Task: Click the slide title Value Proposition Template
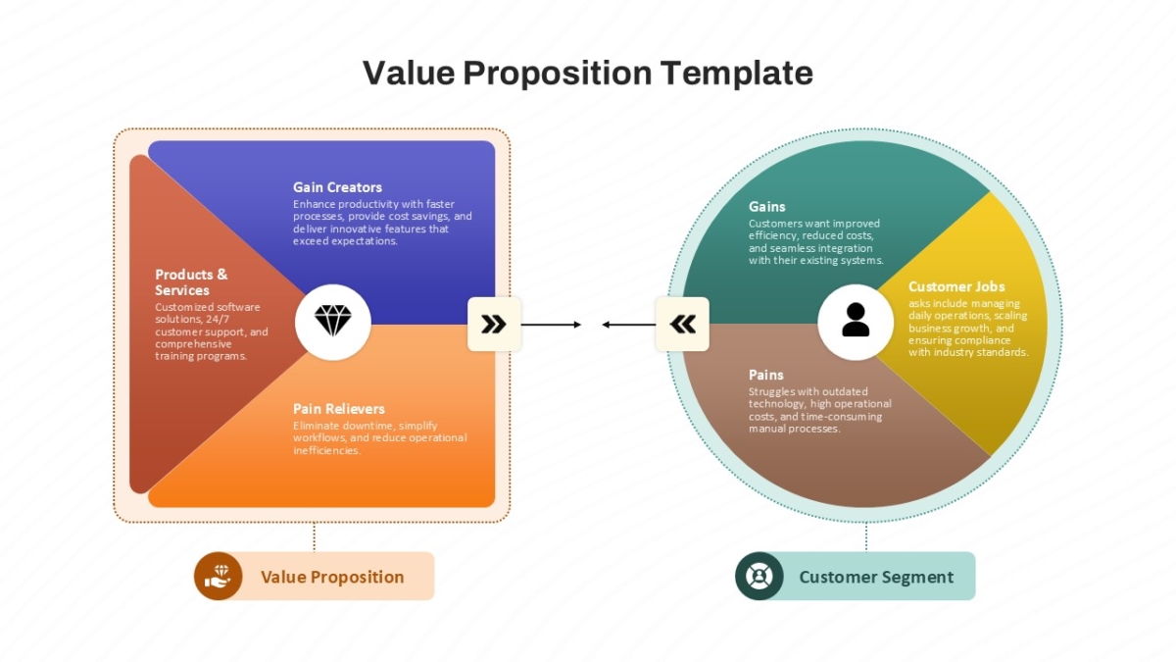587,73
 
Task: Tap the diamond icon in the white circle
333,321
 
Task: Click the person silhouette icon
856,320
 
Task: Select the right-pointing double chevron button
494,325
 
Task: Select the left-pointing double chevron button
682,325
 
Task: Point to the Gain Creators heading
337,187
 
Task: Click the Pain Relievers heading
339,409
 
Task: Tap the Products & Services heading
191,282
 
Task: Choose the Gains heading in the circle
766,207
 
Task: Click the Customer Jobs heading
956,286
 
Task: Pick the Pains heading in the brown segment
766,375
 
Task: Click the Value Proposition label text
332,577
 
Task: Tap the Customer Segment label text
876,577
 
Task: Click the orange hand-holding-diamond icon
219,577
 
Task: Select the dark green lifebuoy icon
759,577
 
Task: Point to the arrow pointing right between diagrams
551,325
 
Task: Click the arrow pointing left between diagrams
629,325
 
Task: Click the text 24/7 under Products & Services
218,320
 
